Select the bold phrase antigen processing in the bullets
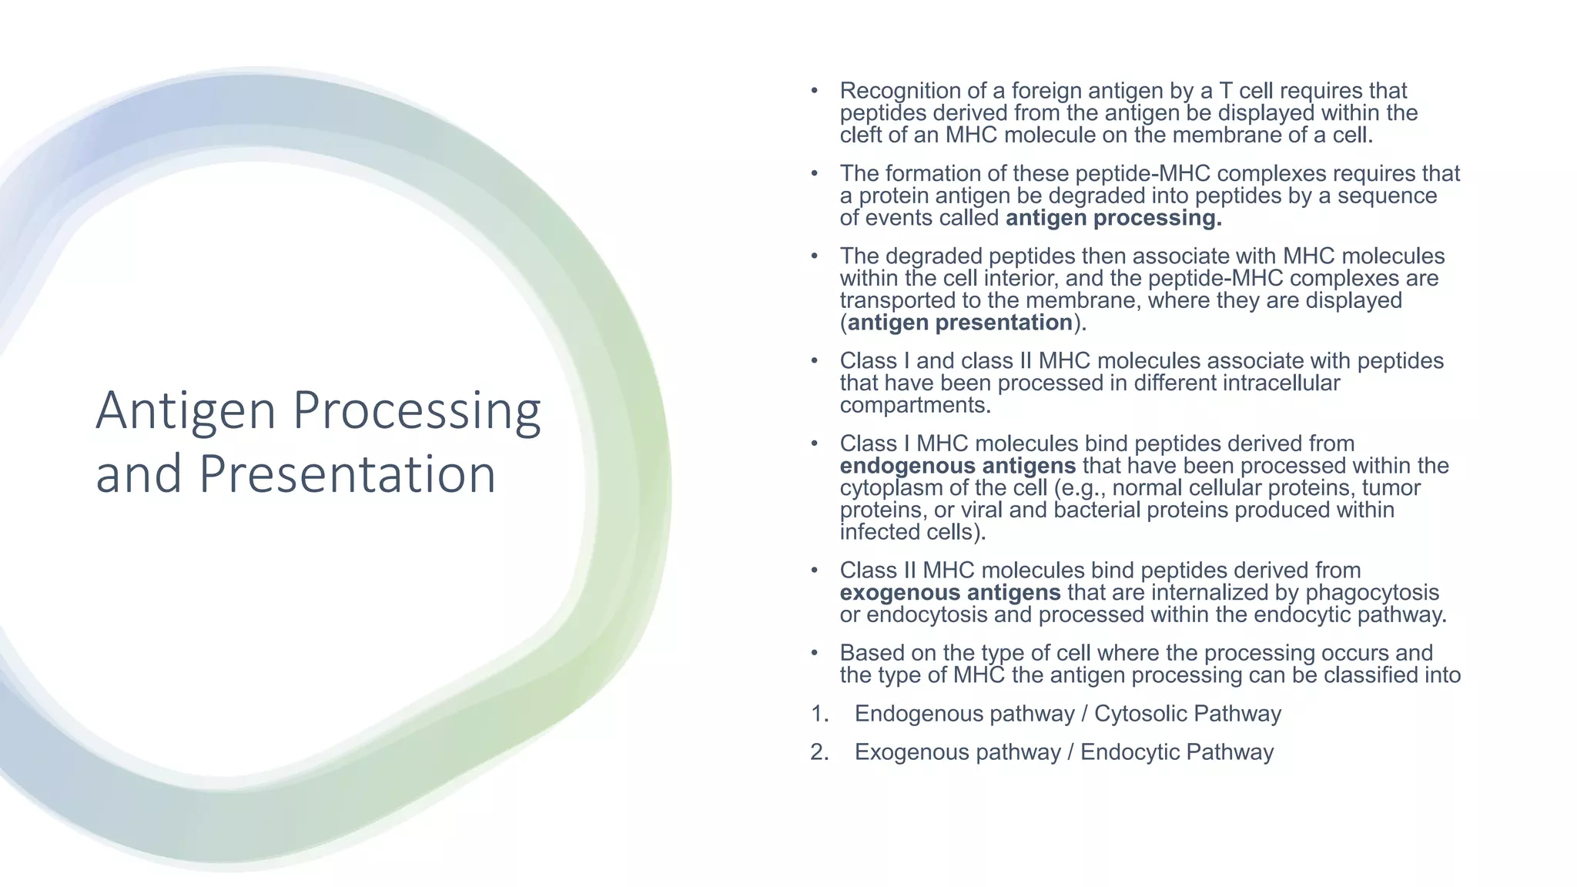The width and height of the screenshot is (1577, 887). click(1113, 218)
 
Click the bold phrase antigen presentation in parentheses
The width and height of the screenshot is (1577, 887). click(960, 323)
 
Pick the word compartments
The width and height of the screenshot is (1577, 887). click(915, 406)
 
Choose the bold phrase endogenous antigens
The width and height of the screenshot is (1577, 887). click(957, 466)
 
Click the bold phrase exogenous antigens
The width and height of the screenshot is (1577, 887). click(949, 593)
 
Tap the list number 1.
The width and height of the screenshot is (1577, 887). click(818, 714)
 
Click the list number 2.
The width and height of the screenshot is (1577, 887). click(818, 752)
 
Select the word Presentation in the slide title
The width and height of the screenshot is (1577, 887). click(347, 474)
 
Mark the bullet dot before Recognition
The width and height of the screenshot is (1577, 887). click(814, 91)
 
